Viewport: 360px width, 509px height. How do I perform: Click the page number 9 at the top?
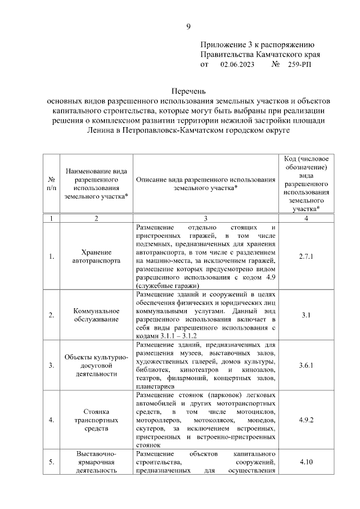click(x=189, y=26)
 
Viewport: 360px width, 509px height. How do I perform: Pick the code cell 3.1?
click(x=305, y=314)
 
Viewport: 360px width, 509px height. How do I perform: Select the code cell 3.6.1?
click(x=305, y=365)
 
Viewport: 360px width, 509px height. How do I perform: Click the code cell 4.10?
click(x=305, y=462)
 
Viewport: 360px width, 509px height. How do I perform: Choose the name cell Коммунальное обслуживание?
click(x=96, y=314)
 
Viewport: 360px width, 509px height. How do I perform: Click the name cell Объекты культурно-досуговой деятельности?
click(x=96, y=365)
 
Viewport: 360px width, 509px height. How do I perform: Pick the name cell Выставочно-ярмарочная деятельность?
click(x=96, y=462)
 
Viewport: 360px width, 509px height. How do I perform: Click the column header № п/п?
click(x=51, y=184)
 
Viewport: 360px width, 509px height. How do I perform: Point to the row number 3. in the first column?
click(x=51, y=365)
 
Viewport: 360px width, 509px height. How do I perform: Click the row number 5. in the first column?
click(x=51, y=462)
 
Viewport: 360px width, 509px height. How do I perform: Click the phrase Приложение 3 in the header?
click(x=224, y=44)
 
